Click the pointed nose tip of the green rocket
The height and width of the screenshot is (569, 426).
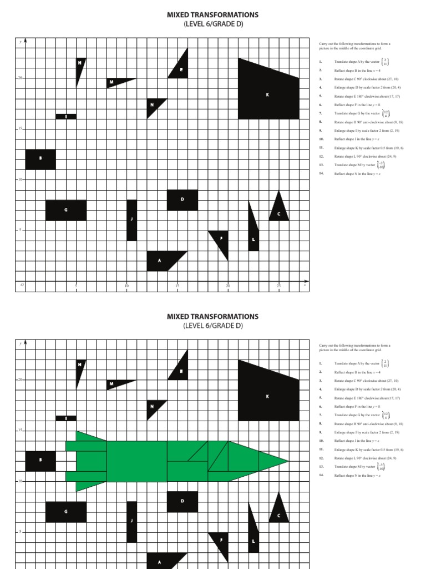pos(288,461)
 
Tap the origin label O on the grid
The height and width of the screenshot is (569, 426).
pos(22,286)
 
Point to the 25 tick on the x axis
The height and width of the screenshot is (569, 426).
pos(279,286)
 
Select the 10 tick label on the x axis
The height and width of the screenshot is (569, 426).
pos(127,286)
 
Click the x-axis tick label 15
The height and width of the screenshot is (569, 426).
pos(177,286)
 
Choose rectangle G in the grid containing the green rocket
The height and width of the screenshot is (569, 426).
pos(66,512)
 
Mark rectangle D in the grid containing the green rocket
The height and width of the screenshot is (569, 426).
pos(182,501)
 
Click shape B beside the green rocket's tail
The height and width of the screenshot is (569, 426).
pos(40,461)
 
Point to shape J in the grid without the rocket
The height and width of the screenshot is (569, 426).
pos(131,220)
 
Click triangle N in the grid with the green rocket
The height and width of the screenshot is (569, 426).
pos(153,407)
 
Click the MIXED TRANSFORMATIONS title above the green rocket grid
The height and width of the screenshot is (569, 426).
pos(213,317)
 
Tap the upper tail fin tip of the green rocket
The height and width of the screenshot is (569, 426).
pos(77,432)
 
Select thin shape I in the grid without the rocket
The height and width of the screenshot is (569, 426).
pos(66,116)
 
